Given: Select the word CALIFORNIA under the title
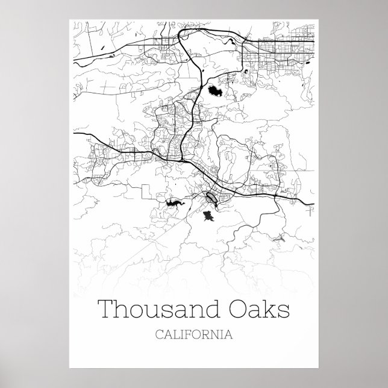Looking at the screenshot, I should coord(193,333).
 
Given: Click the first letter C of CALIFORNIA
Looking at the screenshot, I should coord(158,333).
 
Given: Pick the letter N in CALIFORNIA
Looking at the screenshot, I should coord(215,333).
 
